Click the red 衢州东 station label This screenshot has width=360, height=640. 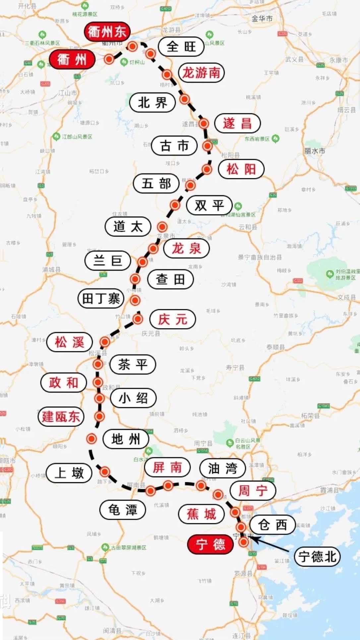[107, 32]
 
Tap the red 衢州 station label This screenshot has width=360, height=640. [72, 60]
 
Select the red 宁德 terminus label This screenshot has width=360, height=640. [210, 544]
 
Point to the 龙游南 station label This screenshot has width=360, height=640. [201, 73]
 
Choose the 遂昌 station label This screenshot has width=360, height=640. [237, 123]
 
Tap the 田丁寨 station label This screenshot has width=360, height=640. [101, 298]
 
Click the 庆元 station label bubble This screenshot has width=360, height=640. [172, 320]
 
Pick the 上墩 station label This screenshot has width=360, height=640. [69, 473]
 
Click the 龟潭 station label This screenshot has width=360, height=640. [123, 509]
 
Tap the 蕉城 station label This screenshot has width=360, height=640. [201, 514]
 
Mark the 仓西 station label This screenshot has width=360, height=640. [272, 525]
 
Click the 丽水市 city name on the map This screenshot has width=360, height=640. [314, 151]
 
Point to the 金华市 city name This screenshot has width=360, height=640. [262, 19]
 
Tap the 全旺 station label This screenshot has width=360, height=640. [181, 46]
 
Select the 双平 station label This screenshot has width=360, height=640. [209, 205]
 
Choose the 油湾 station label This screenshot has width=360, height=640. [222, 468]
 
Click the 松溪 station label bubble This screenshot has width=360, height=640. [69, 342]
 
